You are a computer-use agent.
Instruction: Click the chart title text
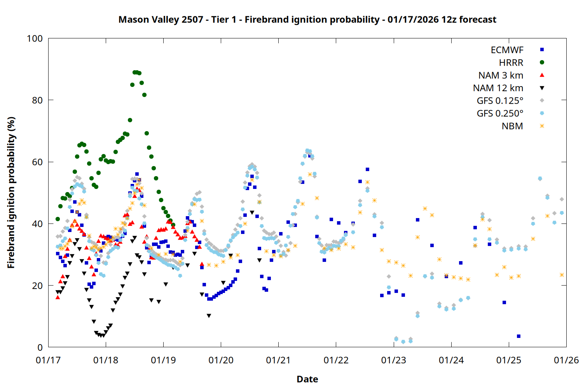click(307, 19)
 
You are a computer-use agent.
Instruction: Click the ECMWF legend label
click(507, 50)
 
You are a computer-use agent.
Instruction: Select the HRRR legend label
click(511, 63)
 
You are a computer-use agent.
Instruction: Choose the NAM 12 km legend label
click(498, 88)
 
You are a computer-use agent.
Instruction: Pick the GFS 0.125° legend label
click(500, 101)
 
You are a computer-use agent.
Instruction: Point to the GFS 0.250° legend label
click(500, 113)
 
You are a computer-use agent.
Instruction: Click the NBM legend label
click(512, 126)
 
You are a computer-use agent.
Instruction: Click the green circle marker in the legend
click(542, 62)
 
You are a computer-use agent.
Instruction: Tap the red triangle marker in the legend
click(542, 75)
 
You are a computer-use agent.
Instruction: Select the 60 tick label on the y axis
click(37, 162)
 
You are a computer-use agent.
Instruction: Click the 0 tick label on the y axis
click(40, 348)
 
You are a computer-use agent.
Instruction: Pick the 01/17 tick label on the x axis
click(48, 360)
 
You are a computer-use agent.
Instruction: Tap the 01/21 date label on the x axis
click(278, 360)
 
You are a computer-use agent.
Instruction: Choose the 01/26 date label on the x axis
click(566, 360)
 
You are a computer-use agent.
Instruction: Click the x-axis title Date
click(307, 379)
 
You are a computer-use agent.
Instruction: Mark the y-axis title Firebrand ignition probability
click(11, 192)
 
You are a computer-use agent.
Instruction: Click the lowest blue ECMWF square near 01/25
click(518, 336)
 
